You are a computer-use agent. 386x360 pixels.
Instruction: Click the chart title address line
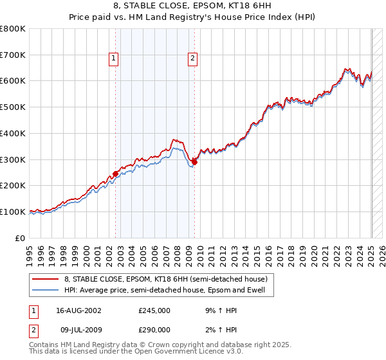[x=193, y=6]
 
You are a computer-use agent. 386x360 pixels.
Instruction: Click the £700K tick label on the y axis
[x=13, y=55]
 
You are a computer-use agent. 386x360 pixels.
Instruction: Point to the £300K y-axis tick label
[x=13, y=159]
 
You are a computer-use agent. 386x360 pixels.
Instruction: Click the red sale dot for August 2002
[x=116, y=174]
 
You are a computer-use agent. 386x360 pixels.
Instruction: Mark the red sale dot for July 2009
[x=195, y=162]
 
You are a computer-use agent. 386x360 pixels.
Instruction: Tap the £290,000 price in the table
[x=154, y=329]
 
